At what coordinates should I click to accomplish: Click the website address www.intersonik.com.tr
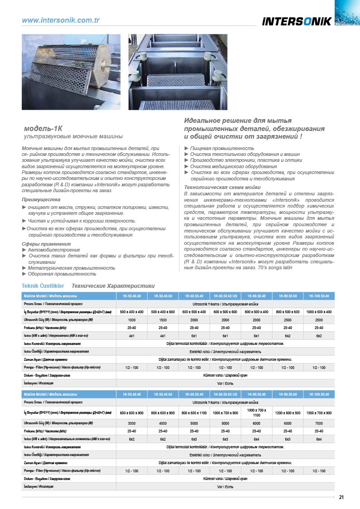(x=61, y=20)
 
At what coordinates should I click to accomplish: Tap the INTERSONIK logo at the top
(x=297, y=21)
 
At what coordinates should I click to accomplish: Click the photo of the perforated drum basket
(x=71, y=72)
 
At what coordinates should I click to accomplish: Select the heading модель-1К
(x=44, y=128)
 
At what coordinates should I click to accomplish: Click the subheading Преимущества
(x=41, y=199)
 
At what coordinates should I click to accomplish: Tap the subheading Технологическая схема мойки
(x=222, y=187)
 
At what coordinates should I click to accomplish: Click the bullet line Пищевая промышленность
(x=219, y=148)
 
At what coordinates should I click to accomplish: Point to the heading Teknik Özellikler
(x=43, y=286)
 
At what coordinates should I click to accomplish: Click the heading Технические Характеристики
(x=113, y=286)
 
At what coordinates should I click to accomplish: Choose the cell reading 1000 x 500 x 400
(x=319, y=312)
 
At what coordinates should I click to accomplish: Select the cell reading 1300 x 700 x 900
(x=319, y=413)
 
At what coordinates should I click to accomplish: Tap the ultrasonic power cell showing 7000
(x=319, y=423)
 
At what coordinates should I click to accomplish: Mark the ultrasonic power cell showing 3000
(x=131, y=423)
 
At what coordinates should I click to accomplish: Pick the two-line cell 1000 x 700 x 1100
(x=256, y=412)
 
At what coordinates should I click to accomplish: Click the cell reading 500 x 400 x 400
(x=131, y=312)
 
